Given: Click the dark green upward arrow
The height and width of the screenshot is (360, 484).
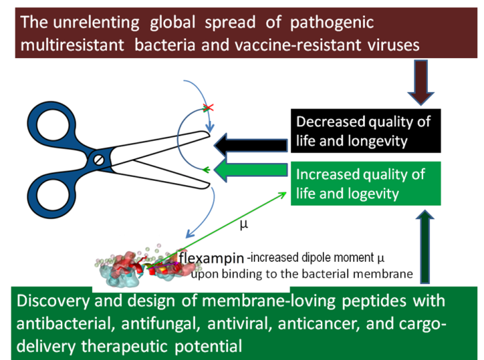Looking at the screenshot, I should (424, 246).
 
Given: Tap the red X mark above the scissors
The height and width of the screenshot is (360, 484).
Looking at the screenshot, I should (206, 108).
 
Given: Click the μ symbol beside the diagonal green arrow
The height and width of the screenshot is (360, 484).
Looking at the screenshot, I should (243, 225).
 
